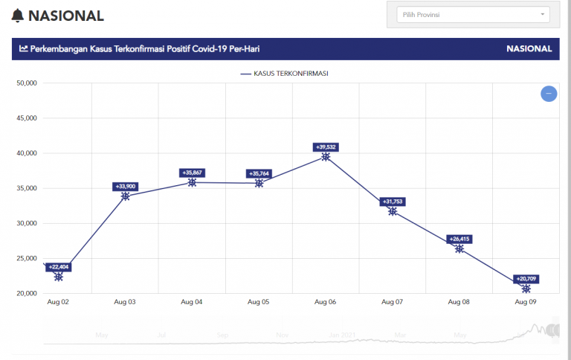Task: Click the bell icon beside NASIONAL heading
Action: pos(18,16)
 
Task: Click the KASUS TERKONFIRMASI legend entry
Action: pos(285,74)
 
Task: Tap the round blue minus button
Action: pos(549,94)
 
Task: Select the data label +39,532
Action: pos(326,147)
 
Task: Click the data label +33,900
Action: pos(126,187)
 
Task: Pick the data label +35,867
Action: pos(192,173)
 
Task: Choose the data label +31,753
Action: pos(393,202)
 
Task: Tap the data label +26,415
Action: pos(459,239)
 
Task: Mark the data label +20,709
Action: pos(526,279)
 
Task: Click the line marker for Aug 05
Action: pos(259,183)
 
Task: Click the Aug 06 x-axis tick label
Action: pos(326,302)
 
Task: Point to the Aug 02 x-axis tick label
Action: pos(58,302)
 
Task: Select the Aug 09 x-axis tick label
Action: pos(526,302)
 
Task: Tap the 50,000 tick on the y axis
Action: pos(26,83)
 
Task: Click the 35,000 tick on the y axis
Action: pos(26,188)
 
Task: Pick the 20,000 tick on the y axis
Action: pos(26,293)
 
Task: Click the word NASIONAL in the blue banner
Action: pos(529,49)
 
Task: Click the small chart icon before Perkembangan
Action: pos(24,49)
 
